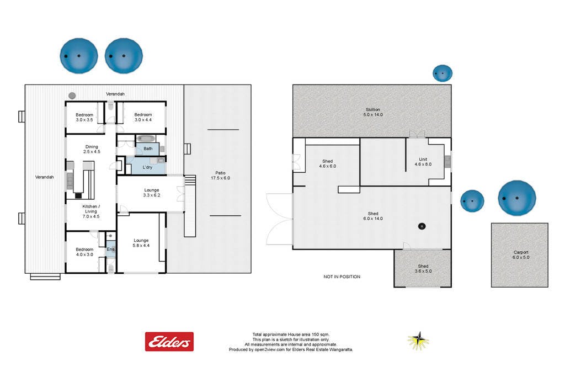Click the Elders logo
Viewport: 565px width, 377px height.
point(169,341)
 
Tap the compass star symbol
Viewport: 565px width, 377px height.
point(418,341)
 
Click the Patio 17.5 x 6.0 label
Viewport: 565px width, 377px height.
point(220,176)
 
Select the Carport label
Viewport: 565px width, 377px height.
point(521,252)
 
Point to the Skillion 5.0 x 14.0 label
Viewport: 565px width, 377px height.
point(373,112)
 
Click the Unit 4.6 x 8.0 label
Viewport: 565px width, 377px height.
point(423,162)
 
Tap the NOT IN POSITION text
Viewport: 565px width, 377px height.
point(342,277)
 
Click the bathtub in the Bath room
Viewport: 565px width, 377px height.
point(146,139)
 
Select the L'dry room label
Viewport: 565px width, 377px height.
point(147,167)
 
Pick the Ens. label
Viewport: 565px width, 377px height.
point(110,249)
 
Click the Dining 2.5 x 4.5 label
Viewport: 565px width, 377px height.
point(92,149)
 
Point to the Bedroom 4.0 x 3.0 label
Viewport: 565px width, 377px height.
point(84,252)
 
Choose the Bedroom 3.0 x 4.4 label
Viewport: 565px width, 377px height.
point(143,117)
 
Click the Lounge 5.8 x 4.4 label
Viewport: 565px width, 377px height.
point(141,243)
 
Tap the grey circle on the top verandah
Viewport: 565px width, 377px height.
point(72,96)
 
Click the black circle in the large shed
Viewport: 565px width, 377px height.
point(422,226)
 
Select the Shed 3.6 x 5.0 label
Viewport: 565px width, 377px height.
point(423,268)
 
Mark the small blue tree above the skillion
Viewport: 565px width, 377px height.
point(443,73)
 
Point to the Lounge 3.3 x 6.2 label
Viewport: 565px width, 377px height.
point(151,193)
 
